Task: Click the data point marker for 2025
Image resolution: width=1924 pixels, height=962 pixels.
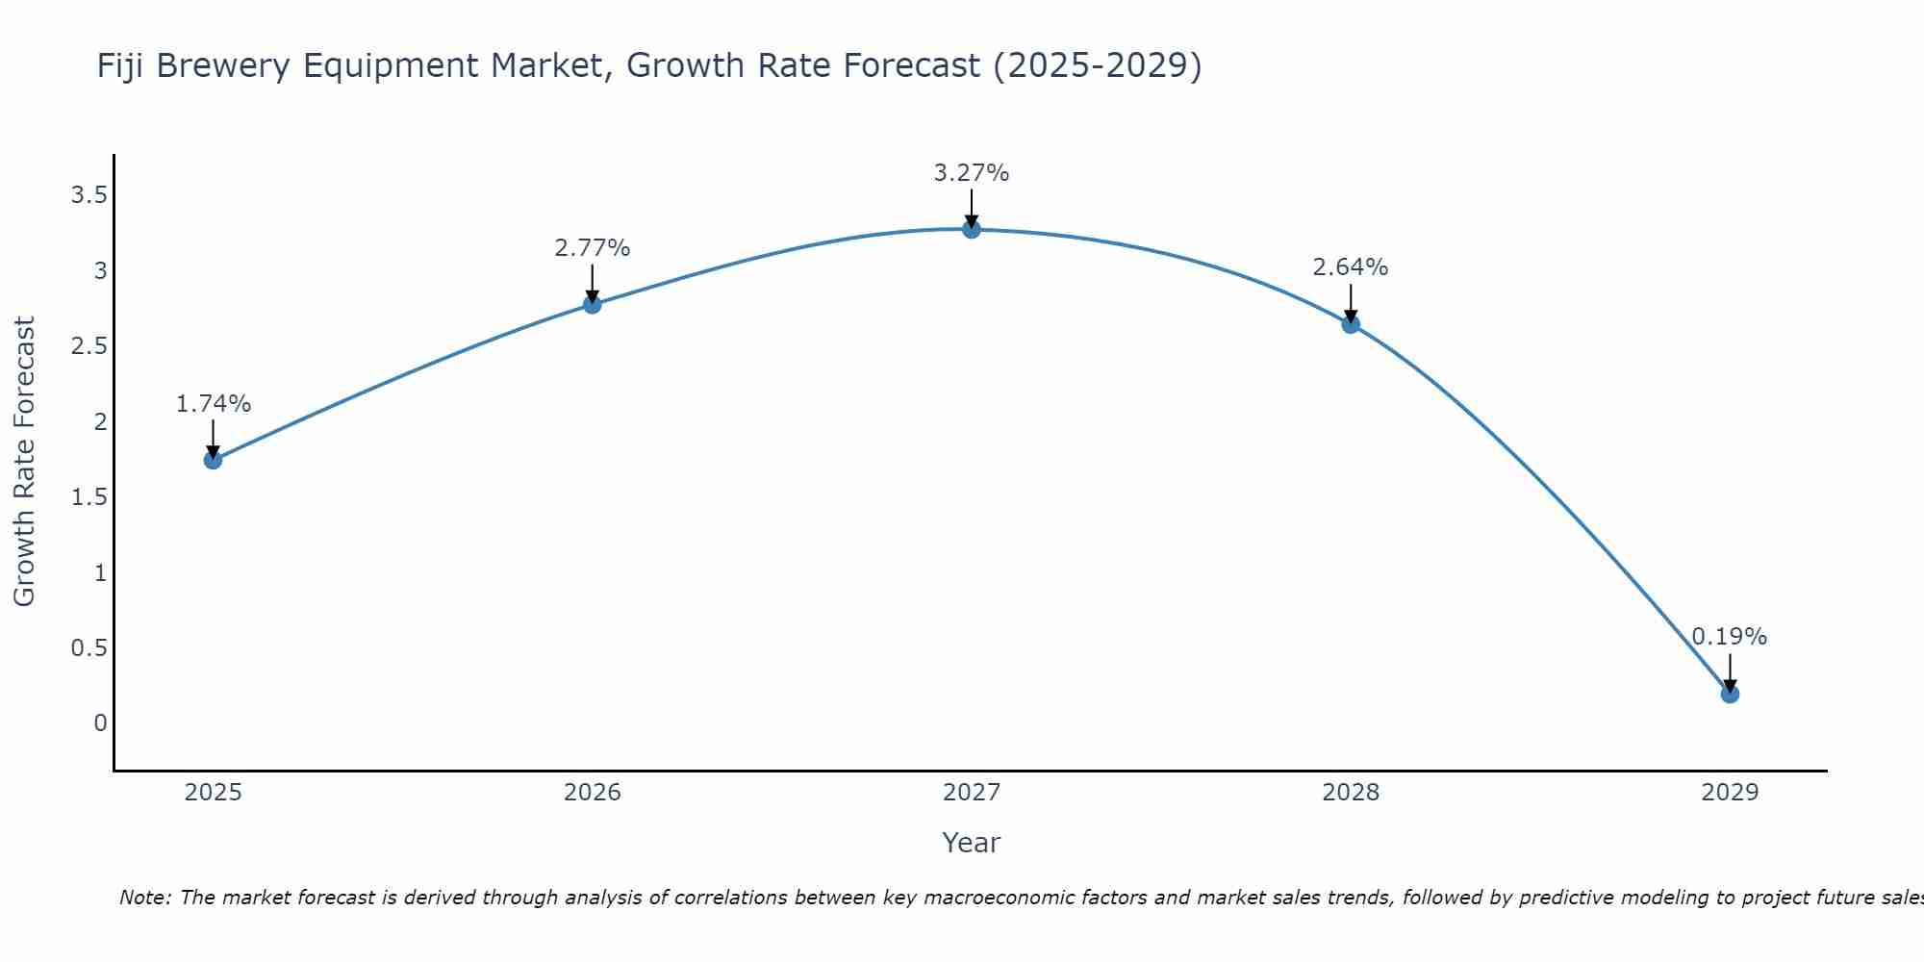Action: click(213, 460)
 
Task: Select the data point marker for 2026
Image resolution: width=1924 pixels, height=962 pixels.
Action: click(593, 304)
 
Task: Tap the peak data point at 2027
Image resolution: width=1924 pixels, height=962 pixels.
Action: click(972, 229)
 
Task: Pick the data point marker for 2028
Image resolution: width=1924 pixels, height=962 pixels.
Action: click(1351, 324)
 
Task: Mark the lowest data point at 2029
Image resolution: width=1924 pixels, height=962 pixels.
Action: click(1730, 694)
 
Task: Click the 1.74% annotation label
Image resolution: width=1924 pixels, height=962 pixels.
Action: click(213, 404)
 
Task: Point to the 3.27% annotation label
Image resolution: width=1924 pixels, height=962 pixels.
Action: click(972, 173)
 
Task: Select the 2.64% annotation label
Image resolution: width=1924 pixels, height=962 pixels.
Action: click(1351, 267)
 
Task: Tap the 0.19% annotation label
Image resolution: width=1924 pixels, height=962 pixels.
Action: click(1730, 637)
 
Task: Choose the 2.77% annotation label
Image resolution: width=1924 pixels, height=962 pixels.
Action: click(593, 248)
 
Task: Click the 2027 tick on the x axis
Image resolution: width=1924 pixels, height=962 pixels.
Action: click(972, 793)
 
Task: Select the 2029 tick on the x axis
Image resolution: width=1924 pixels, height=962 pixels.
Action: click(1730, 793)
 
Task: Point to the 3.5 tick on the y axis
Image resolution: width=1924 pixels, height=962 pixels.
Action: click(89, 196)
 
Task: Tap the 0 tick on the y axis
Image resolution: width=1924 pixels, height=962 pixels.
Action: click(100, 723)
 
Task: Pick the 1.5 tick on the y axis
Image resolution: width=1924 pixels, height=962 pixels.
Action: click(89, 497)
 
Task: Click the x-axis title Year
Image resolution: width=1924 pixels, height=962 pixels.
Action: click(972, 843)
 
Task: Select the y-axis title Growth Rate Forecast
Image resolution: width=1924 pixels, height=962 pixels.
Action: click(24, 462)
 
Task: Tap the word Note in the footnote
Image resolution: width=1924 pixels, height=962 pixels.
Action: click(144, 898)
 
